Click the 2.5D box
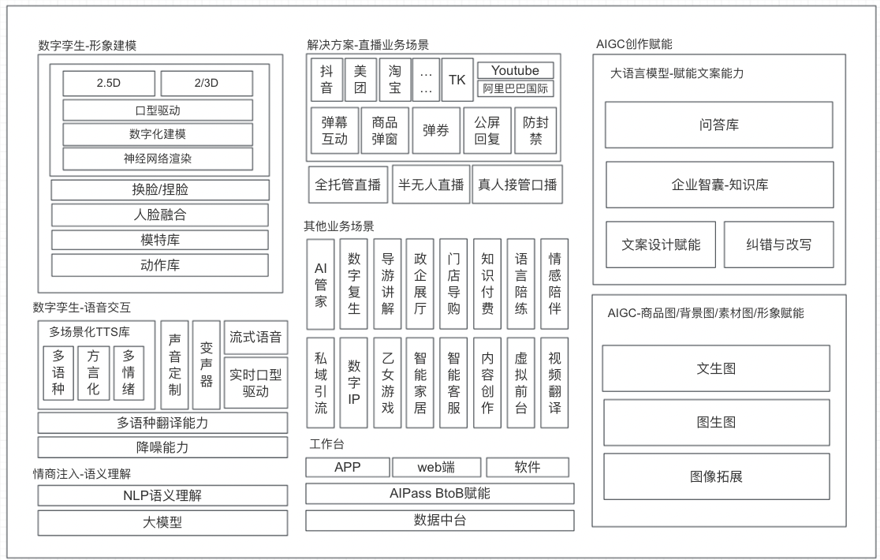pyautogui.click(x=109, y=83)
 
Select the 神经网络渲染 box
pyautogui.click(x=158, y=159)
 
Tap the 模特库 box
pyautogui.click(x=160, y=240)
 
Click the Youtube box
pyautogui.click(x=515, y=70)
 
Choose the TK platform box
pyautogui.click(x=457, y=80)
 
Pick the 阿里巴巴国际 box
pyautogui.click(x=515, y=88)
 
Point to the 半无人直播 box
pyautogui.click(x=431, y=185)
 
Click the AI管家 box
pyautogui.click(x=320, y=285)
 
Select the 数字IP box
pyautogui.click(x=353, y=383)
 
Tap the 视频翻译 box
pyautogui.click(x=554, y=383)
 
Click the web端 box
pyautogui.click(x=436, y=468)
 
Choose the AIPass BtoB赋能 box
pyautogui.click(x=440, y=494)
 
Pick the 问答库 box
pyautogui.click(x=719, y=125)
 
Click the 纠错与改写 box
pyautogui.click(x=778, y=245)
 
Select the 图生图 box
pyautogui.click(x=716, y=423)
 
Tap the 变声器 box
pyautogui.click(x=207, y=365)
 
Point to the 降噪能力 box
pyautogui.click(x=162, y=448)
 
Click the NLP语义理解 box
pyautogui.click(x=162, y=496)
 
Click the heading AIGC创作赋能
pyautogui.click(x=634, y=44)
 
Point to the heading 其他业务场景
pyautogui.click(x=339, y=226)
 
